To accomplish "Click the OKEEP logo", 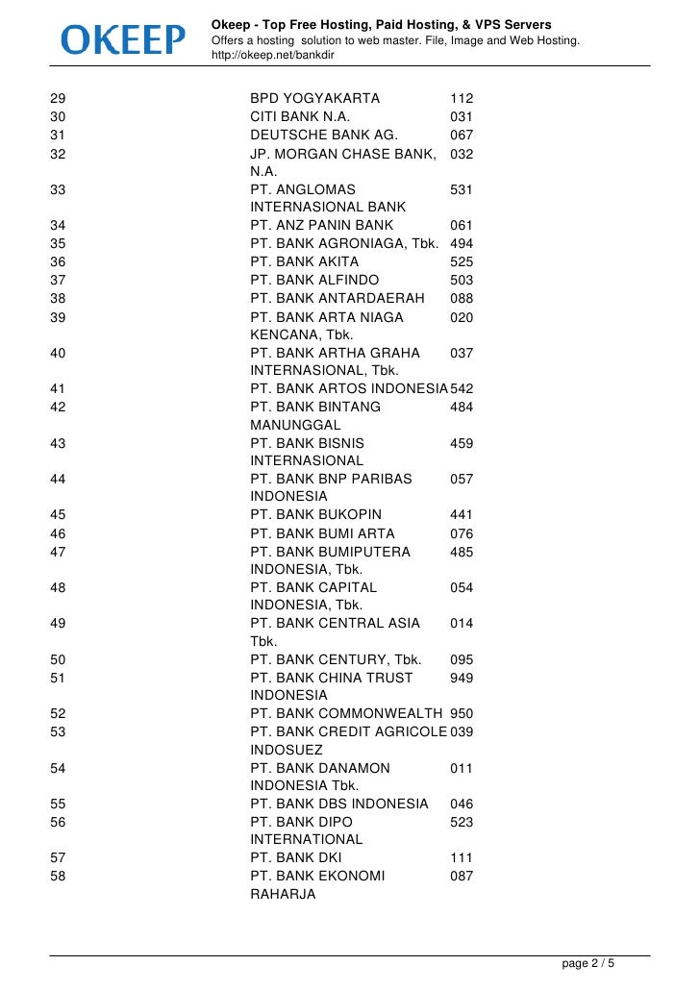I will pyautogui.click(x=123, y=39).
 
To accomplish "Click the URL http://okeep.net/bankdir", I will pyautogui.click(x=273, y=56).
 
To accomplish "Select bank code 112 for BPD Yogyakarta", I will pyautogui.click(x=462, y=99).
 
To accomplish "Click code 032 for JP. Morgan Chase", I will pyautogui.click(x=462, y=154).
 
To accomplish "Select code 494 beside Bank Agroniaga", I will pyautogui.click(x=462, y=244).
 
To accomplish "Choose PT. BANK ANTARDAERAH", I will pyautogui.click(x=337, y=298).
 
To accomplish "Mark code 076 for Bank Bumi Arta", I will pyautogui.click(x=462, y=533).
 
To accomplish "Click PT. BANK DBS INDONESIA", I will pyautogui.click(x=338, y=804).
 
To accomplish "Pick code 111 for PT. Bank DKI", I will pyautogui.click(x=462, y=858).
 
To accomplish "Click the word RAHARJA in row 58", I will pyautogui.click(x=283, y=894).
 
